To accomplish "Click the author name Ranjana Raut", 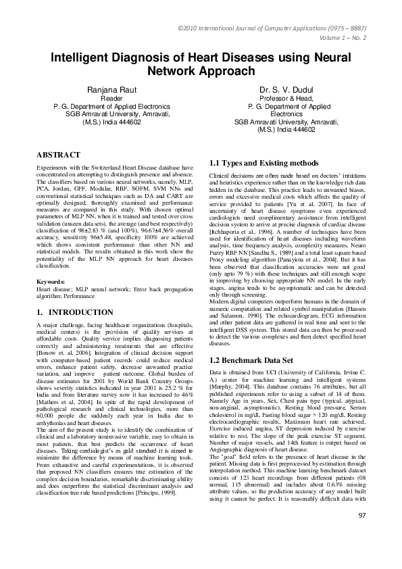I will click(111, 90).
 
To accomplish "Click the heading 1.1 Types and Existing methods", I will click(264, 163).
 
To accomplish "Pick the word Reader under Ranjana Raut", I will click(111, 99).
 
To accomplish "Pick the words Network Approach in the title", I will click(201, 72).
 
